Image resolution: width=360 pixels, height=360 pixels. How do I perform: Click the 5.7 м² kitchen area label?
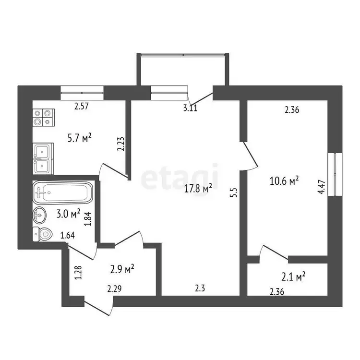(x=80, y=138)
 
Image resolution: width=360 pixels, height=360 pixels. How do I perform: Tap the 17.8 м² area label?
(x=198, y=188)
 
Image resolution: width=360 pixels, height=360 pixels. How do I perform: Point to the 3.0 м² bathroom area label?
(x=68, y=214)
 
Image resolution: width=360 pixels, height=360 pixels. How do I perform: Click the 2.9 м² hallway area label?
(x=122, y=269)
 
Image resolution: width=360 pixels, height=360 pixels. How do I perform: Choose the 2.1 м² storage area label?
(x=293, y=276)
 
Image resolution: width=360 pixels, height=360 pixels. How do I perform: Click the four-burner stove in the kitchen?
(x=43, y=117)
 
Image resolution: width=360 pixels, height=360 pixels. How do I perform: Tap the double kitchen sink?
(x=43, y=159)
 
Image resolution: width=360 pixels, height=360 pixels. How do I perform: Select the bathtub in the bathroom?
(x=63, y=192)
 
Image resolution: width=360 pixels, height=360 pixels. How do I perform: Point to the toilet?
(x=42, y=234)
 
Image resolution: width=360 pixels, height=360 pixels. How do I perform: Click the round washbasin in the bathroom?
(x=39, y=215)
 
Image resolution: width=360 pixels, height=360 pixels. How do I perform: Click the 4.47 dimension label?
(x=322, y=187)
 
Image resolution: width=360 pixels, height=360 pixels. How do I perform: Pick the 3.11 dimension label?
(x=191, y=108)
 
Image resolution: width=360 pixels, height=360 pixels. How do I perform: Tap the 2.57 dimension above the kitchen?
(x=82, y=106)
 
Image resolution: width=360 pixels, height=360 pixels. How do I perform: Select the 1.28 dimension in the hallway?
(x=79, y=273)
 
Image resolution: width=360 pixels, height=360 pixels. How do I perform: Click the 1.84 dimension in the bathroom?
(x=88, y=218)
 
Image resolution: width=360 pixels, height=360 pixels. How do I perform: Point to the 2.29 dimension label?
(x=114, y=288)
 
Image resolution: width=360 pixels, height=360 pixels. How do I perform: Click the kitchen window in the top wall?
(x=82, y=93)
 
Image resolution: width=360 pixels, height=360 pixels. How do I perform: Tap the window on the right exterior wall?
(x=335, y=174)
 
